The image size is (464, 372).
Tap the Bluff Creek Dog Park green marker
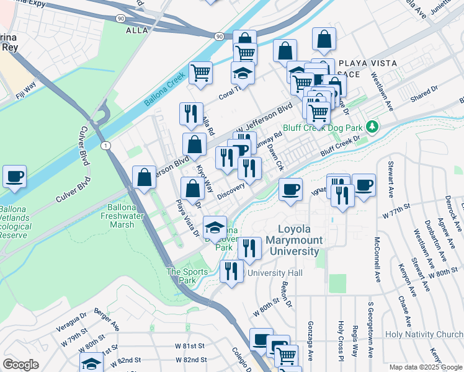tap(372, 126)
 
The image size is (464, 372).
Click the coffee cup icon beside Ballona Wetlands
tap(14, 176)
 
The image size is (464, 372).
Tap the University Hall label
tap(275, 273)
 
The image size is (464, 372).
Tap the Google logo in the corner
tap(20, 364)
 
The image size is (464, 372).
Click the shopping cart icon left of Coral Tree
tap(201, 73)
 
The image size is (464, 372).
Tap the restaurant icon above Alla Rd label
tap(191, 113)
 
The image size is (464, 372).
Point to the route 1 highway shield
tap(107, 145)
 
